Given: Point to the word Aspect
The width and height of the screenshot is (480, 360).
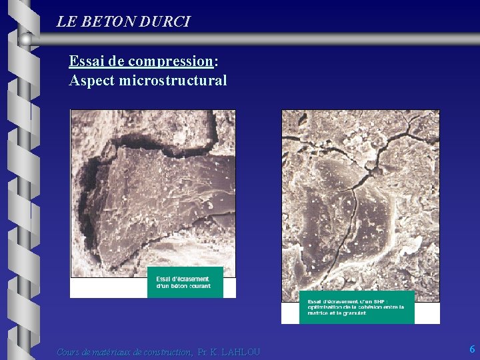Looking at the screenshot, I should tap(91, 81).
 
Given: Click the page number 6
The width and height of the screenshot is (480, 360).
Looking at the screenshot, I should tap(472, 349).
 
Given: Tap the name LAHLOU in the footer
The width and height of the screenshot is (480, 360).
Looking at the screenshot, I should tap(241, 352).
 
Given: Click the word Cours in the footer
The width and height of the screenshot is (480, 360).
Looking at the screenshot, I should tap(69, 352).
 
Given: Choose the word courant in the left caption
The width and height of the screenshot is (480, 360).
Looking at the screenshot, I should tap(199, 286).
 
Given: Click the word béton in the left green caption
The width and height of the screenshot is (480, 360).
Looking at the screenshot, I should tap(178, 286).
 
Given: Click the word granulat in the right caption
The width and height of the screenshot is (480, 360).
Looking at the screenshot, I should tap(353, 313).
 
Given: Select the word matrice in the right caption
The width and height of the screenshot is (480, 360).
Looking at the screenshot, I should tap(317, 313).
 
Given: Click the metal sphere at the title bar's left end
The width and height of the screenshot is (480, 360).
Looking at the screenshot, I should tap(25, 40).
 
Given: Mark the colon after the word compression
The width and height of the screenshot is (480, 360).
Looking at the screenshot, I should tap(216, 62).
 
